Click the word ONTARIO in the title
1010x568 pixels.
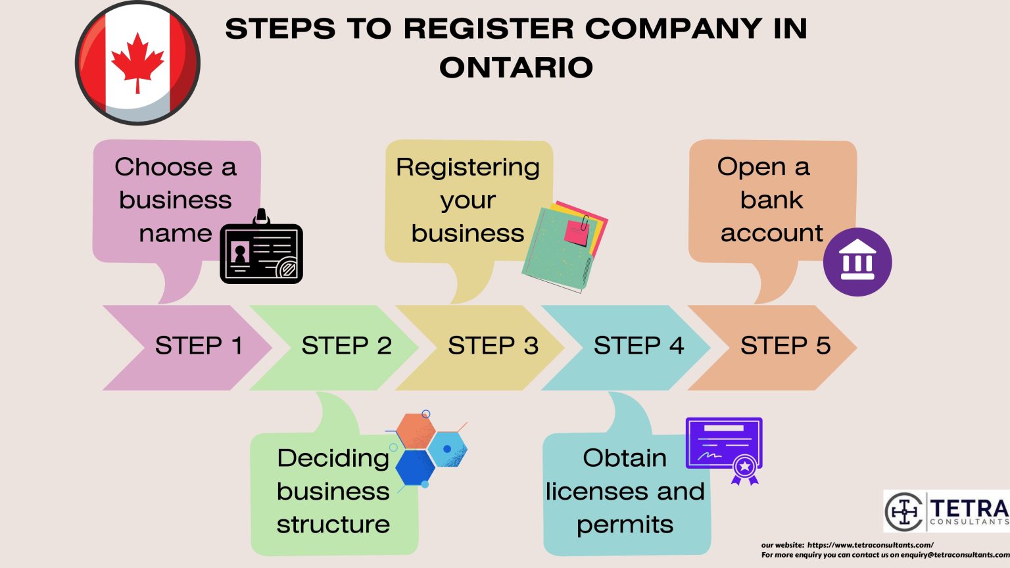click(516, 68)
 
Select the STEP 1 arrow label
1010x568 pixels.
click(198, 346)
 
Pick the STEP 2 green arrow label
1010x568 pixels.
click(346, 346)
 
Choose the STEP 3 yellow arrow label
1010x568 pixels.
click(493, 346)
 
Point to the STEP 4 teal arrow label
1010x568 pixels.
click(638, 346)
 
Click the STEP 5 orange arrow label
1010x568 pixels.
click(785, 346)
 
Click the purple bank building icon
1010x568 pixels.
click(857, 262)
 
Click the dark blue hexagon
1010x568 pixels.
click(414, 467)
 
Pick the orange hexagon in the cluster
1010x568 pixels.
click(416, 431)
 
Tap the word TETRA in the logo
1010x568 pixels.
click(969, 508)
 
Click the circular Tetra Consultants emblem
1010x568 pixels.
click(904, 511)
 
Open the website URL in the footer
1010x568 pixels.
click(869, 545)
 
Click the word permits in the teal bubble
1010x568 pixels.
click(625, 525)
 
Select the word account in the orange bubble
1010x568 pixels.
click(771, 233)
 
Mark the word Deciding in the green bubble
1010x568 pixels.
click(333, 458)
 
